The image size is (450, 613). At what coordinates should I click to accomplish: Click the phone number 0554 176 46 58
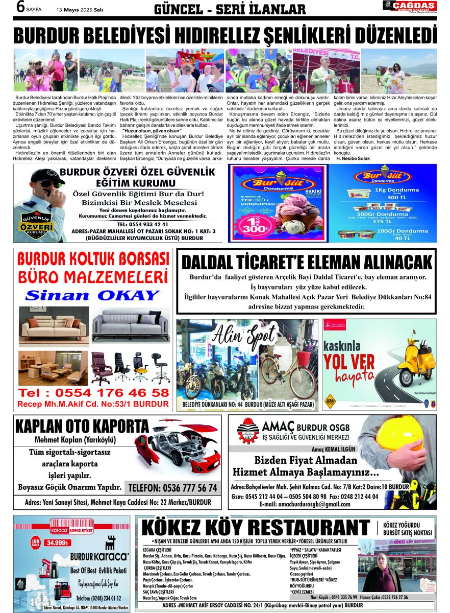click(x=93, y=393)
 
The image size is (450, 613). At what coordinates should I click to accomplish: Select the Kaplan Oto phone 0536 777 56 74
click(x=172, y=487)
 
